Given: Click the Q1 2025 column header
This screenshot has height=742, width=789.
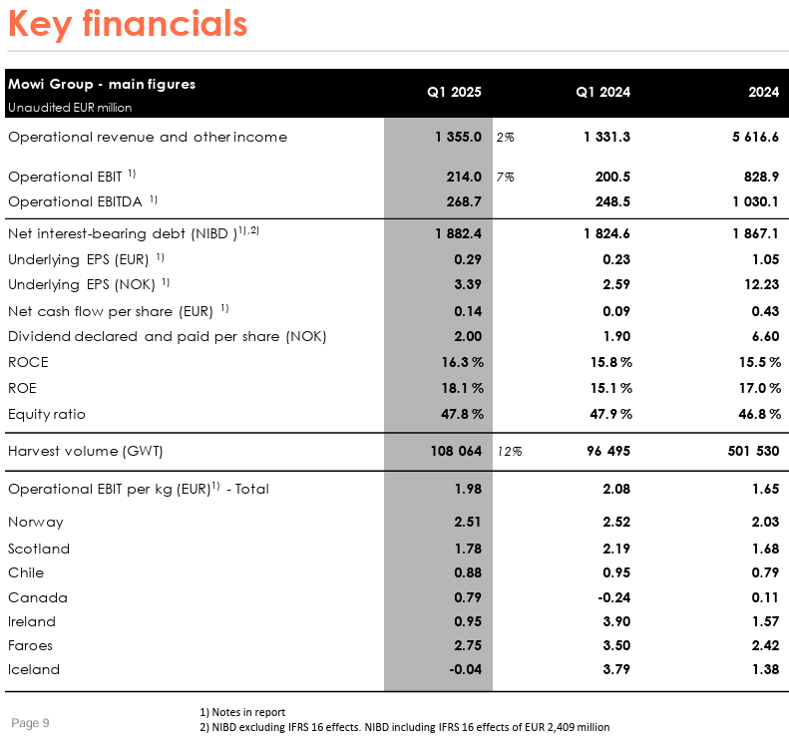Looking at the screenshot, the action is (454, 92).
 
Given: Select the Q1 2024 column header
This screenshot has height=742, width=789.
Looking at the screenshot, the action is (602, 92).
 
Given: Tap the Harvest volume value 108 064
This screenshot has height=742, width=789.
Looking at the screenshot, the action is (456, 451).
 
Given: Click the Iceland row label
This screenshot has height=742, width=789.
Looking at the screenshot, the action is (34, 669).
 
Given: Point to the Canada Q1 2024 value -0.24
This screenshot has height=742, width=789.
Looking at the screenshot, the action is (613, 597).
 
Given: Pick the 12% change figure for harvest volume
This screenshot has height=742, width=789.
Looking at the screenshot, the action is (510, 451).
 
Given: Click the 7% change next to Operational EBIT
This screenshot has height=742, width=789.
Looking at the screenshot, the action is (505, 178).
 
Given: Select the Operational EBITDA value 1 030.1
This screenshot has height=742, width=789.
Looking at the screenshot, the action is (755, 201).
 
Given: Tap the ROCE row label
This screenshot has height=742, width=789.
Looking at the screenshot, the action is (28, 362).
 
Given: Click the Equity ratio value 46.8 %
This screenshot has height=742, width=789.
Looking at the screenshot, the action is (759, 414).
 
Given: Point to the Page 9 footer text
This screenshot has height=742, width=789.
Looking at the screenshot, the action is (30, 723).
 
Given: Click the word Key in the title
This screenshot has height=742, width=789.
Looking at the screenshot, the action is (40, 24).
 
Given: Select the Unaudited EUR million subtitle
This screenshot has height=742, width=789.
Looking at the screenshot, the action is (70, 108).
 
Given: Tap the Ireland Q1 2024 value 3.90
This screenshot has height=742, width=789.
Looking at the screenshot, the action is (616, 621).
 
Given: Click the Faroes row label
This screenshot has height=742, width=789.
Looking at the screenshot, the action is (30, 645).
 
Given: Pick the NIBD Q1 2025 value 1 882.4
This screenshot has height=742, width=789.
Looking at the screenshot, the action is (459, 233).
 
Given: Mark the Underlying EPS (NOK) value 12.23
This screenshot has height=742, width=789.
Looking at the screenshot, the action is (762, 284).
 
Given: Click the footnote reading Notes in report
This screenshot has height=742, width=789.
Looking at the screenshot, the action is (242, 712).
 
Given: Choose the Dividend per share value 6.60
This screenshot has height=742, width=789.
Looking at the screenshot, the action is (765, 336).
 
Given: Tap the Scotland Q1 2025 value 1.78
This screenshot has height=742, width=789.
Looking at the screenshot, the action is (468, 549).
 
